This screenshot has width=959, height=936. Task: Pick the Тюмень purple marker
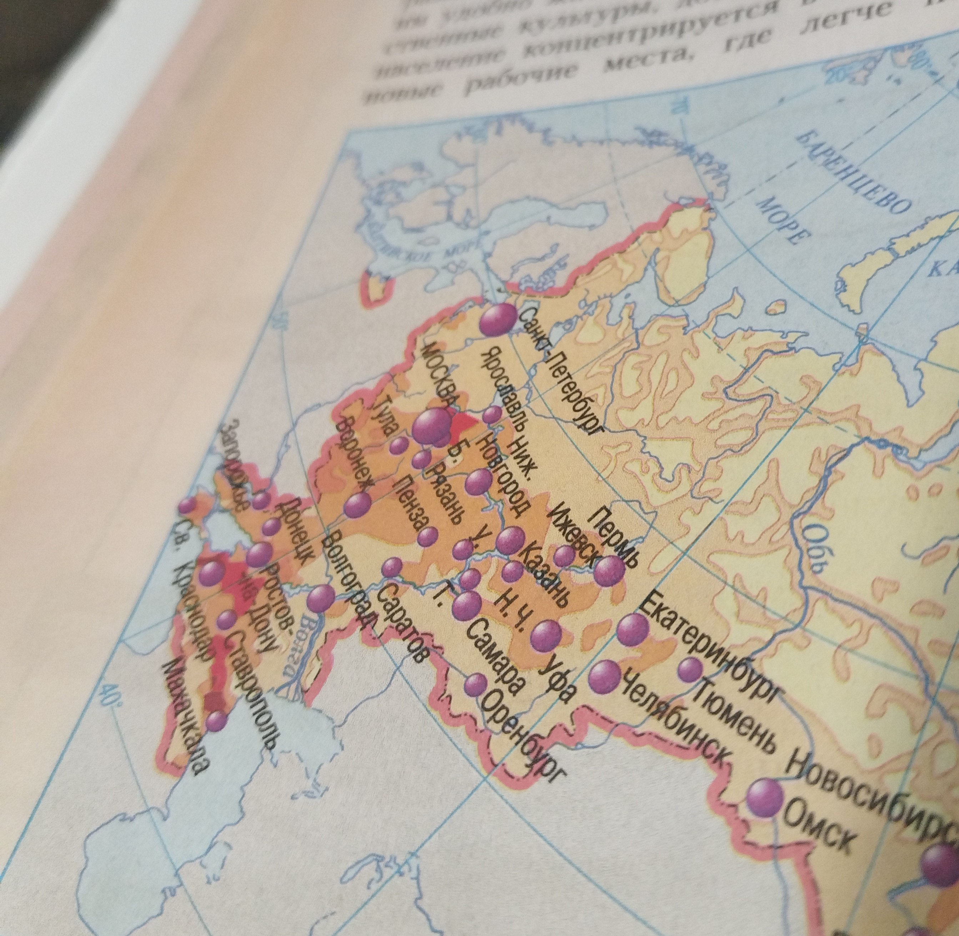690,669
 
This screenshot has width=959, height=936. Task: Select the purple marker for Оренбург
476,684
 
